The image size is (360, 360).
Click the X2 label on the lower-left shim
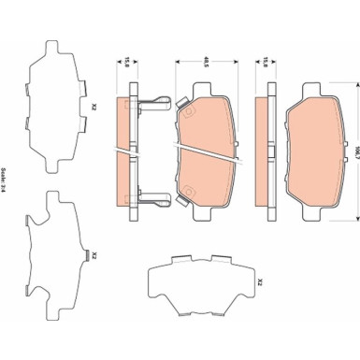(x=91, y=252)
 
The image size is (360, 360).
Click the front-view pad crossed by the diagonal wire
(x=210, y=140)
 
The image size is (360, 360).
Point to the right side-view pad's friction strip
(x=279, y=140)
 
